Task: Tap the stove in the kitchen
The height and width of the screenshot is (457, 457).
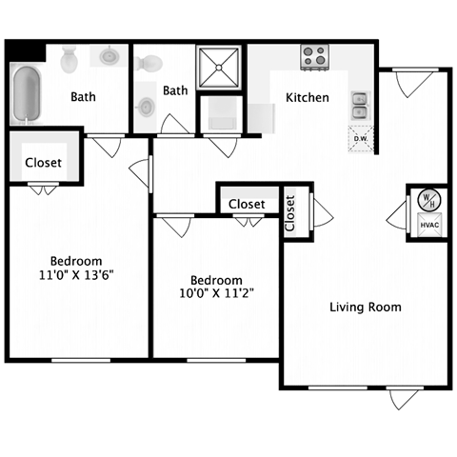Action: (x=316, y=57)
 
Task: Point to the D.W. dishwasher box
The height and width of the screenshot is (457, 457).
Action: (x=361, y=138)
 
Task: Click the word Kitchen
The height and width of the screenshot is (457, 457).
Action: (x=308, y=97)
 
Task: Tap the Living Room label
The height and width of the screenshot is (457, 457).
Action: (x=365, y=307)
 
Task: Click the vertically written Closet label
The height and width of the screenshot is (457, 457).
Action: (x=290, y=213)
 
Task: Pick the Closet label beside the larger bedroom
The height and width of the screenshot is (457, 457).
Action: (x=43, y=163)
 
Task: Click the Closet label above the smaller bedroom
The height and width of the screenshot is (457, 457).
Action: (x=246, y=204)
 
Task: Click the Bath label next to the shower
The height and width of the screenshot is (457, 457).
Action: (x=175, y=90)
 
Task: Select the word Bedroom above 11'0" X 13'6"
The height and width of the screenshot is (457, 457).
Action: (x=77, y=260)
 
